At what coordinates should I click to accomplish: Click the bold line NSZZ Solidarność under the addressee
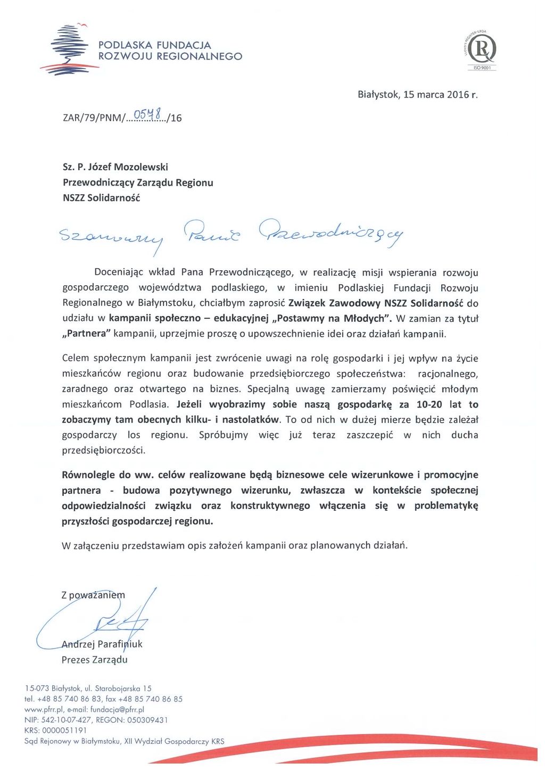101,198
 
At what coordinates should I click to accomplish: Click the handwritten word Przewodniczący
331,233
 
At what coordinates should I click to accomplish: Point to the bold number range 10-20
429,404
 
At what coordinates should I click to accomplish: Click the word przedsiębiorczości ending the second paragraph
104,451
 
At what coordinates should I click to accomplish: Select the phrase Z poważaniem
93,595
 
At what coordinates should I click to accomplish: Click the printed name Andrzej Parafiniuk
102,644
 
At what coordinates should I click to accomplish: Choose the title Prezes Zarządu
95,660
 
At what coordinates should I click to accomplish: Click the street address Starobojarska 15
123,689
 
